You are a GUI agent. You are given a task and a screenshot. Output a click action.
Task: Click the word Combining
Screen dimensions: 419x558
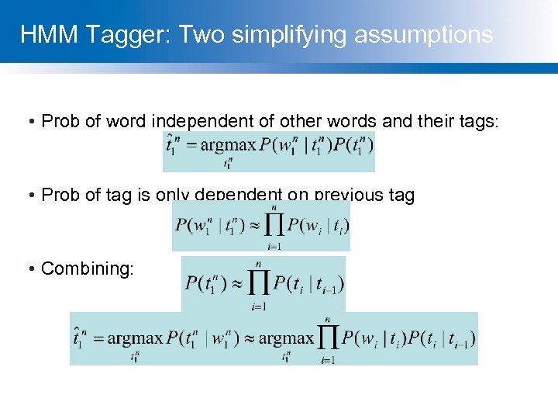[88, 268]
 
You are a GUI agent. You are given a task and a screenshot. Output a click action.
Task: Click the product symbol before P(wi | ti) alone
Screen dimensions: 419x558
[273, 225]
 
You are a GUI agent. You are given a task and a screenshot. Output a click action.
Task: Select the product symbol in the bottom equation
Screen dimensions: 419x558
[328, 339]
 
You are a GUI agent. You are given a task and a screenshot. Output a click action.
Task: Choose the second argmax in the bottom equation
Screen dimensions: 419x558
[286, 339]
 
